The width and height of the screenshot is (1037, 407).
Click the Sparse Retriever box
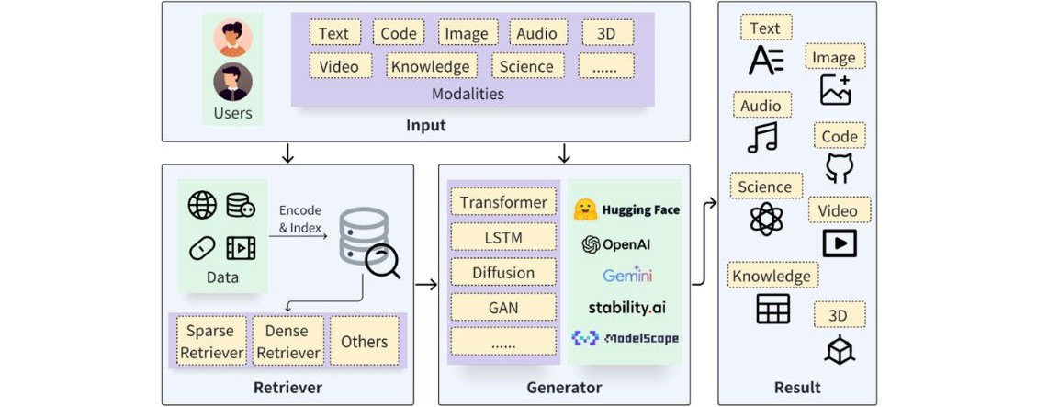point(210,341)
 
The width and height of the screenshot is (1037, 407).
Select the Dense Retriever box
point(287,341)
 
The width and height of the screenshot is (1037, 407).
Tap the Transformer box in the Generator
point(503,202)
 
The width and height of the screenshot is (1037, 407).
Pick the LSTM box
point(503,237)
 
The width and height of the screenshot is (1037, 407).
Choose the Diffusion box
point(503,272)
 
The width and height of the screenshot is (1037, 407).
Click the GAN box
point(503,306)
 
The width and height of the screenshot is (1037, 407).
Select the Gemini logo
point(627,275)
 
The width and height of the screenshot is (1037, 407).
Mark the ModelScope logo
point(626,338)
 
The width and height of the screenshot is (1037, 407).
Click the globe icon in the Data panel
point(202,205)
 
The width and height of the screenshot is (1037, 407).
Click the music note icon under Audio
point(762,137)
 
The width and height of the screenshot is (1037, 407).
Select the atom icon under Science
point(764,219)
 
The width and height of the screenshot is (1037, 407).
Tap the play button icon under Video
point(839,243)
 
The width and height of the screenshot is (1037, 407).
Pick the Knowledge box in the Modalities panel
point(430,66)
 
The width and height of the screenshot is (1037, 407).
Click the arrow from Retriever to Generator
point(425,285)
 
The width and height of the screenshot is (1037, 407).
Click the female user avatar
point(232,39)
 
